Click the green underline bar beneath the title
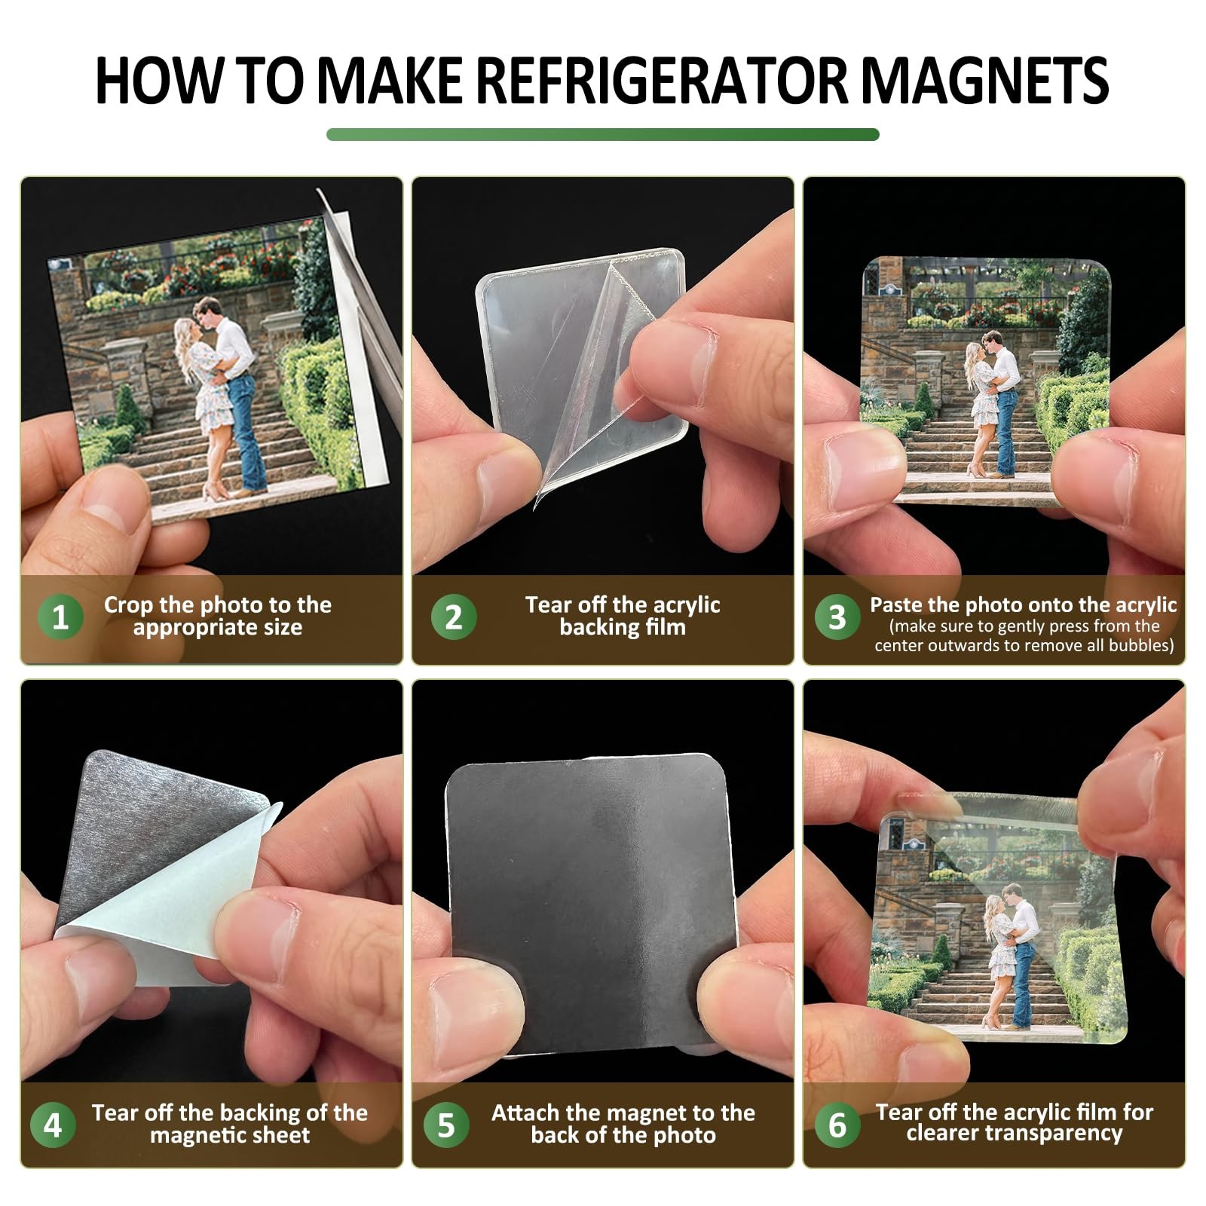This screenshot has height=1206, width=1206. (x=603, y=134)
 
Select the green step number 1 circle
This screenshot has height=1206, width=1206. (x=60, y=617)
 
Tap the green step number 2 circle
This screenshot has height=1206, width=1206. (x=453, y=617)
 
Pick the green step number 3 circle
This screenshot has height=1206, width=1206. (x=837, y=617)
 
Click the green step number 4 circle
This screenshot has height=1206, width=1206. (x=53, y=1125)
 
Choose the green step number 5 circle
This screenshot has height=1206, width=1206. (x=446, y=1125)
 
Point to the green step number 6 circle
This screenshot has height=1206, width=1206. (x=837, y=1125)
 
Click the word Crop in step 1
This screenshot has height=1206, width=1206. (x=129, y=605)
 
